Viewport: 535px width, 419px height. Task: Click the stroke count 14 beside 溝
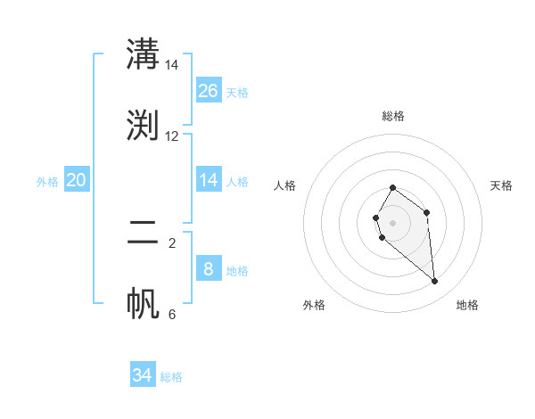point(172,65)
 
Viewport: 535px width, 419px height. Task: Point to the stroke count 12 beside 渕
point(172,136)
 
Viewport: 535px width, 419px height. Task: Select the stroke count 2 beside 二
point(172,242)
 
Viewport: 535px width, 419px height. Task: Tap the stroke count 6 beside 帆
point(172,314)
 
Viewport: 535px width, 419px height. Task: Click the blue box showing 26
point(209,91)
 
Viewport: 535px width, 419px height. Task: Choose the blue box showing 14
point(209,180)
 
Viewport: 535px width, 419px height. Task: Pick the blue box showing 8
point(209,269)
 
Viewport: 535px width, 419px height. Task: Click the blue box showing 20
point(77,180)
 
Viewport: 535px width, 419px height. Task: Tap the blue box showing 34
point(143,375)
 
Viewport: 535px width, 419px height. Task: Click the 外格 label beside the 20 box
point(47,182)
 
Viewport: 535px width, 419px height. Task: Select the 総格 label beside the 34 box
point(171,377)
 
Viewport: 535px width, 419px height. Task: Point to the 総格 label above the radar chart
point(393,116)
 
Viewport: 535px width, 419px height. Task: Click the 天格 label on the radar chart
point(501,185)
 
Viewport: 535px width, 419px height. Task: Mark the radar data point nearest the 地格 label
point(435,282)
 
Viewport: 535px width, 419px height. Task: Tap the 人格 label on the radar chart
point(285,185)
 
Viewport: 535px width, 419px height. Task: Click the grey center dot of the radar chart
point(392,222)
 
